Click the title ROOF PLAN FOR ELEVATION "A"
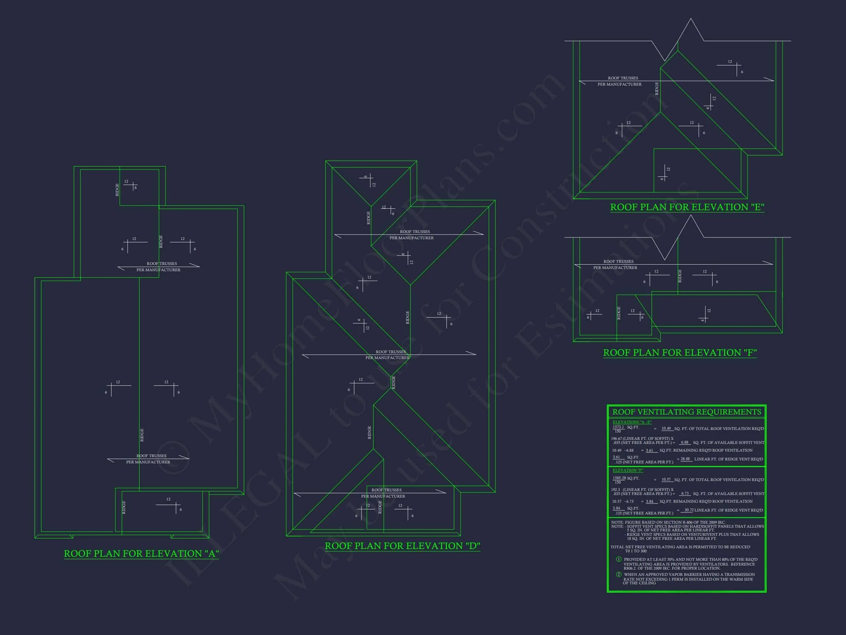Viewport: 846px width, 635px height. pyautogui.click(x=141, y=553)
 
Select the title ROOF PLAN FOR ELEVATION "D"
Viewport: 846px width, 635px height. pyautogui.click(x=402, y=546)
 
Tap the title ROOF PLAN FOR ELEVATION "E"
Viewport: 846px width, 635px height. pyautogui.click(x=687, y=207)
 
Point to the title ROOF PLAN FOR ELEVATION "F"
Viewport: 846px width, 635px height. pyautogui.click(x=680, y=352)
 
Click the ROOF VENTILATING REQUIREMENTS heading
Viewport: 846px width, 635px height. pyautogui.click(x=687, y=412)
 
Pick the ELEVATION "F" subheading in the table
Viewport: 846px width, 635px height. pyautogui.click(x=628, y=470)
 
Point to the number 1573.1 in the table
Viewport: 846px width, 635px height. pyautogui.click(x=618, y=427)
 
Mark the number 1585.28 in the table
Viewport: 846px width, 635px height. pyautogui.click(x=619, y=478)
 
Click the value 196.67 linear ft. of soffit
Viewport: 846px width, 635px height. pyautogui.click(x=617, y=439)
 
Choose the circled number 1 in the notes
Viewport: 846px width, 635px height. pyautogui.click(x=618, y=559)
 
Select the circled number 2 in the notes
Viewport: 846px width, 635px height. pyautogui.click(x=618, y=574)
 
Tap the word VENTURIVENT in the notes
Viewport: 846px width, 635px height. pyautogui.click(x=707, y=534)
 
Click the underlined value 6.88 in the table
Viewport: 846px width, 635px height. pyautogui.click(x=684, y=442)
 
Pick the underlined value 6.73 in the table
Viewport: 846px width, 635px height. pyautogui.click(x=684, y=494)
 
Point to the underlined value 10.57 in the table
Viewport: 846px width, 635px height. pyautogui.click(x=666, y=480)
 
